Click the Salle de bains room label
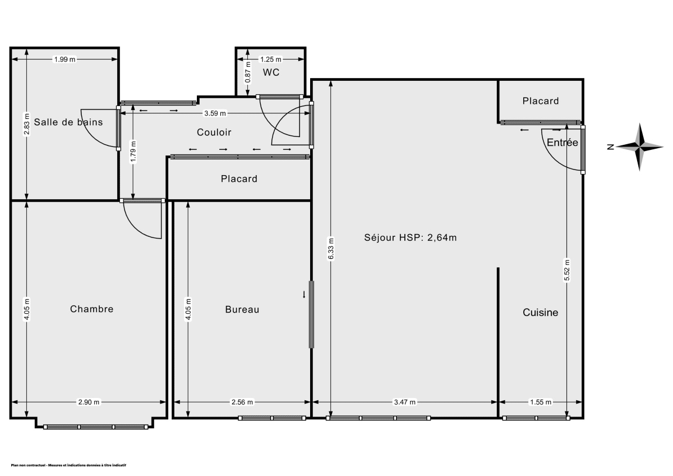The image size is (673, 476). tap(68, 122)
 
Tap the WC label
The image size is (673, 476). tap(271, 72)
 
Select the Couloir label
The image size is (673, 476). tap(214, 132)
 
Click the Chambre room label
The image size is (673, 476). tap(91, 309)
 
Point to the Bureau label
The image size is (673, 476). tap(242, 309)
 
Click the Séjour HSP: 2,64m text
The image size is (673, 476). tap(411, 237)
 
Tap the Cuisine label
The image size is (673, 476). tap(540, 313)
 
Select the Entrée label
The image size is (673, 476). tap(562, 143)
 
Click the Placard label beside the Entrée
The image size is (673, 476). tap(540, 101)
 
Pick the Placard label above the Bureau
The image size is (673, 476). tap(239, 179)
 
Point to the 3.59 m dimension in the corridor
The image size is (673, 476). tap(215, 113)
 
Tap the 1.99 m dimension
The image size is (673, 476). tap(64, 59)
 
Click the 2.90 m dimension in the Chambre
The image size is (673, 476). tap(89, 402)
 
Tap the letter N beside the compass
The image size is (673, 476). tap(610, 147)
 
